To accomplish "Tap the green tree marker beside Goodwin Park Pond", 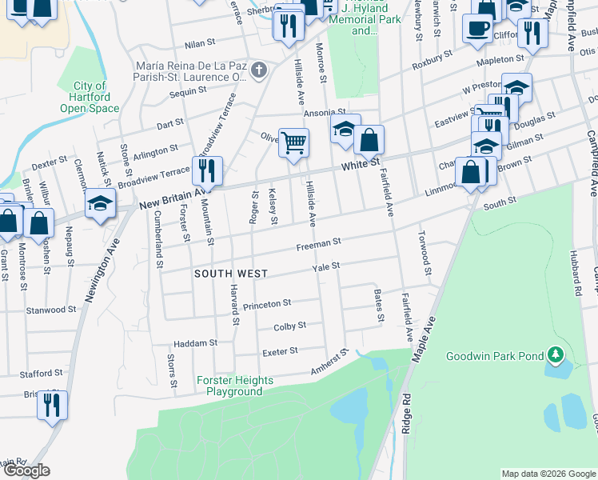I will tap(556, 354).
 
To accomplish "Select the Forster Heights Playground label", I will tap(234, 386).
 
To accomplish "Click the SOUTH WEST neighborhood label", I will tap(231, 274).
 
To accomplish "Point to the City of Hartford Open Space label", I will tap(90, 97).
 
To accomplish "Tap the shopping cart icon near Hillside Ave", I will tap(293, 143).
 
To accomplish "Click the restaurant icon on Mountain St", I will tap(206, 170).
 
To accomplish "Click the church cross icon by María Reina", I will tap(258, 70).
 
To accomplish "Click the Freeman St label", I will tap(319, 242).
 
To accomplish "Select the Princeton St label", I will tap(267, 304).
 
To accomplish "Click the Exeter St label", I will tap(280, 351).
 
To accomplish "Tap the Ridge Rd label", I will tap(406, 407).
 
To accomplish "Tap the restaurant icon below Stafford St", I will tap(52, 405).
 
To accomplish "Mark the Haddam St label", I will tap(197, 343).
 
